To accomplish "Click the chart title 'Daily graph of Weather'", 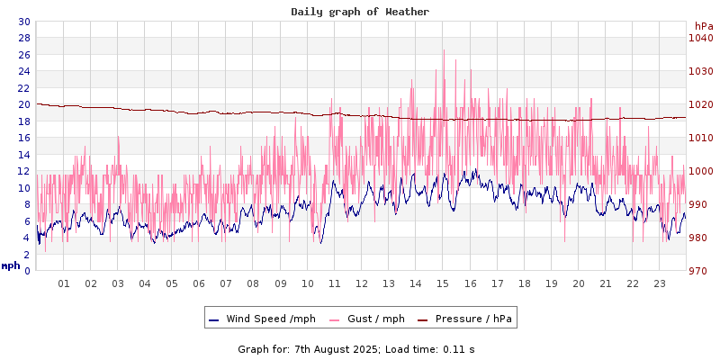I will pyautogui.click(x=360, y=12).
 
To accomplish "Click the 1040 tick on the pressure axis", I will pyautogui.click(x=700, y=38).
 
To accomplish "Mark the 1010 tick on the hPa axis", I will pyautogui.click(x=700, y=138).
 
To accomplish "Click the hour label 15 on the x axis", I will pyautogui.click(x=443, y=283).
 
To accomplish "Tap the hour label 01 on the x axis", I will pyautogui.click(x=64, y=283).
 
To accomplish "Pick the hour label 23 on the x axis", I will pyautogui.click(x=660, y=283).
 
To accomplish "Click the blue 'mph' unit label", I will pyautogui.click(x=11, y=266).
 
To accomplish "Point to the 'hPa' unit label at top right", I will pyautogui.click(x=703, y=25).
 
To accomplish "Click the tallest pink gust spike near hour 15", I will pyautogui.click(x=444, y=51).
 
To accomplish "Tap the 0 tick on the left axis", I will pyautogui.click(x=27, y=271).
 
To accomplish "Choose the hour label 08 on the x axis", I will pyautogui.click(x=254, y=283).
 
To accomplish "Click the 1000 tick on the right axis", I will pyautogui.click(x=700, y=171).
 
